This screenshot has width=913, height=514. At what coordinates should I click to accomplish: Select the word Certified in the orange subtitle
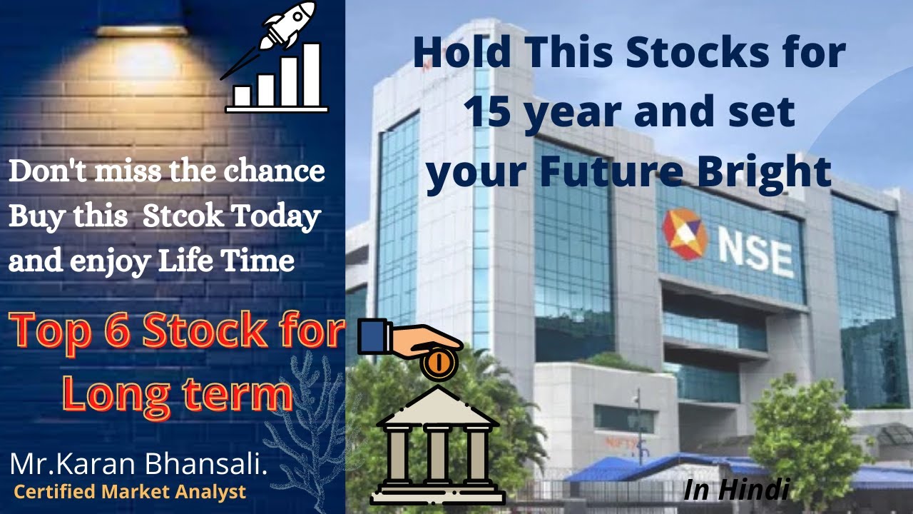(54, 492)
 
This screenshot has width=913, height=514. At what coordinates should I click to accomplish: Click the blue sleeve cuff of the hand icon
(371, 337)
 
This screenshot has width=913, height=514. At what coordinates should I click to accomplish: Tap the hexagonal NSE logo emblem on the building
(685, 234)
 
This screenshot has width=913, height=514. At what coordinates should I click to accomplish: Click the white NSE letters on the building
(755, 254)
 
